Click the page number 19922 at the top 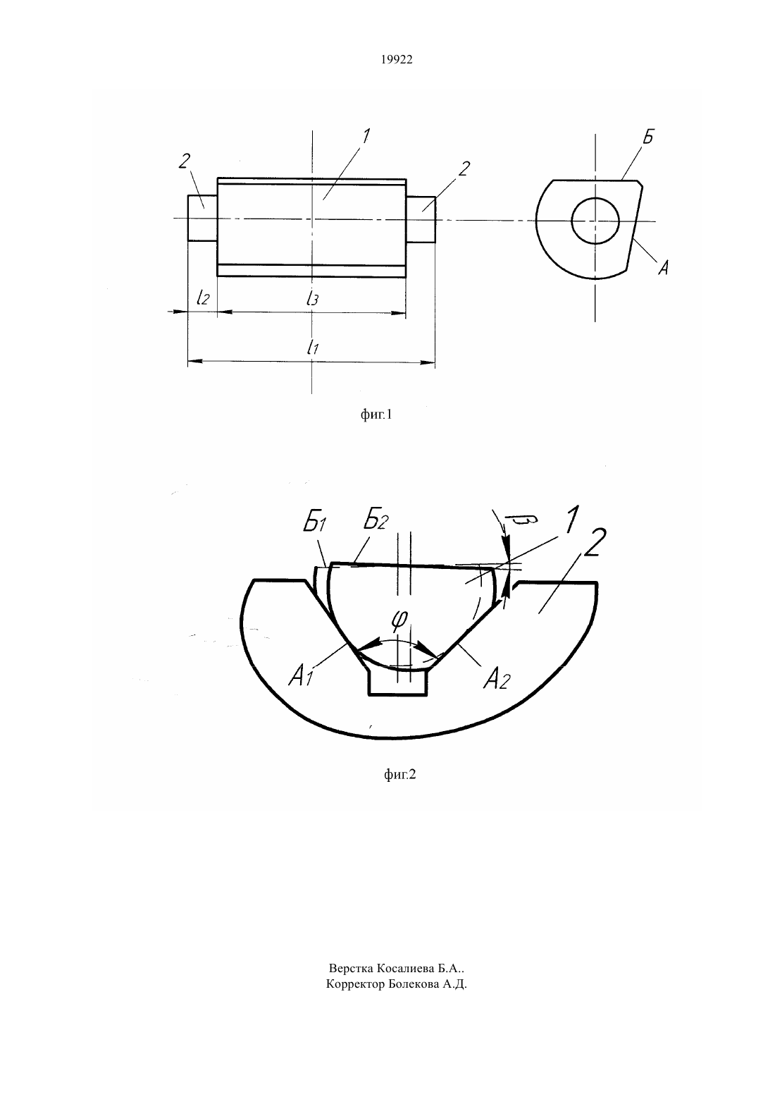pos(396,60)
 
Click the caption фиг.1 pos(376,415)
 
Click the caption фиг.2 pos(399,774)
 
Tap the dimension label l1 pos(313,347)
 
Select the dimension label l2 pos(203,297)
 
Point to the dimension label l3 pos(312,298)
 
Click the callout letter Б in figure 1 pos(647,137)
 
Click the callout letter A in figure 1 pos(663,267)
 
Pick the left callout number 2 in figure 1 pos(185,161)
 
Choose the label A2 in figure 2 pos(497,680)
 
